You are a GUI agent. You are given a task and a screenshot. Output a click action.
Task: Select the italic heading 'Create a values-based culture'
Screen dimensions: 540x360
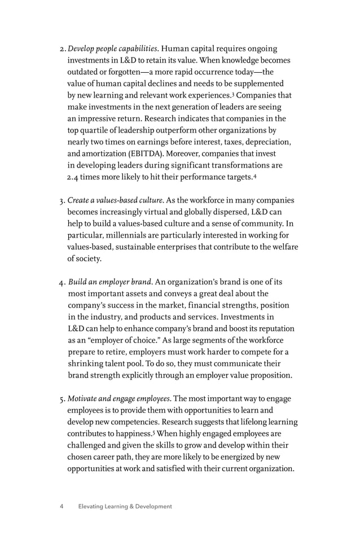point(116,200)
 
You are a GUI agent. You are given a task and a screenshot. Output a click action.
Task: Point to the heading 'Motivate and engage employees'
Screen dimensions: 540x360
point(117,399)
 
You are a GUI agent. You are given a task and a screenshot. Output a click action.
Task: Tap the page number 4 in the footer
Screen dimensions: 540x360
point(62,507)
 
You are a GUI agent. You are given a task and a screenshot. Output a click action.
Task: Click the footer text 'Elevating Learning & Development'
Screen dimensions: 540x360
point(125,507)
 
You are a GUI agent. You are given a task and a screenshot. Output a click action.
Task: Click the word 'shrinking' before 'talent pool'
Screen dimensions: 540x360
point(86,364)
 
